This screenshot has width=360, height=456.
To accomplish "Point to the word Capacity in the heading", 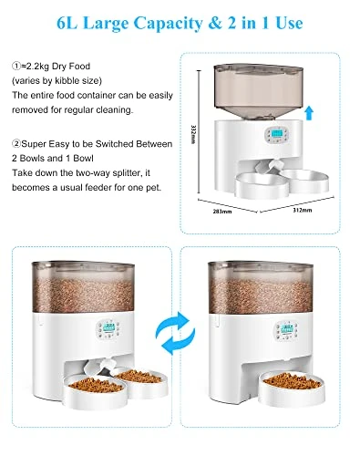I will pos(173,19).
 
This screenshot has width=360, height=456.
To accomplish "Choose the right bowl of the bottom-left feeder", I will pos(137,378).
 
